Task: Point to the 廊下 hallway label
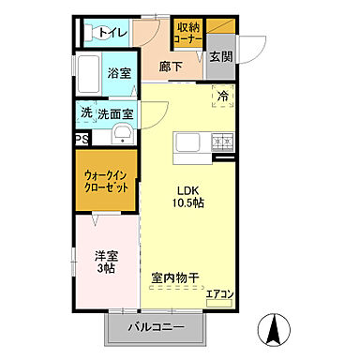(x=170, y=67)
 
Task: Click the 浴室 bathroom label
(x=118, y=73)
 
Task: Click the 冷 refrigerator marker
(x=223, y=95)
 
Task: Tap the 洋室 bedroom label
(x=104, y=253)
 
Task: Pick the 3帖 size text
(x=104, y=268)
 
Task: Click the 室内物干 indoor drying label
(x=175, y=277)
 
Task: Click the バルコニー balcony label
(x=155, y=330)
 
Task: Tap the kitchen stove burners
(x=223, y=142)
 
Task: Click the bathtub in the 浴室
(x=88, y=73)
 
